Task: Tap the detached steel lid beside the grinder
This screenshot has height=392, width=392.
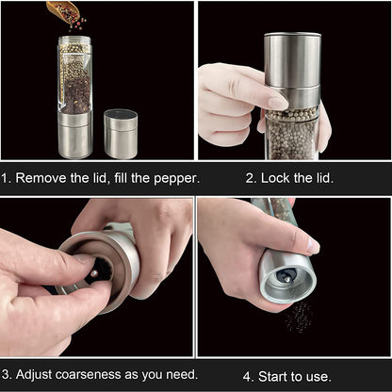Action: [121, 133]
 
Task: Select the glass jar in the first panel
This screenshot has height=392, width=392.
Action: [75, 75]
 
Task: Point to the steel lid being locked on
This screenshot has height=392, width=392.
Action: [291, 70]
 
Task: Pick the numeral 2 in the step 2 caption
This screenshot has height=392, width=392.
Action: [251, 177]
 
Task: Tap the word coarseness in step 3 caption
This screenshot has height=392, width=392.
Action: [95, 374]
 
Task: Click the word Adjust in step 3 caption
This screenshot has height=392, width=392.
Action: [37, 374]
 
